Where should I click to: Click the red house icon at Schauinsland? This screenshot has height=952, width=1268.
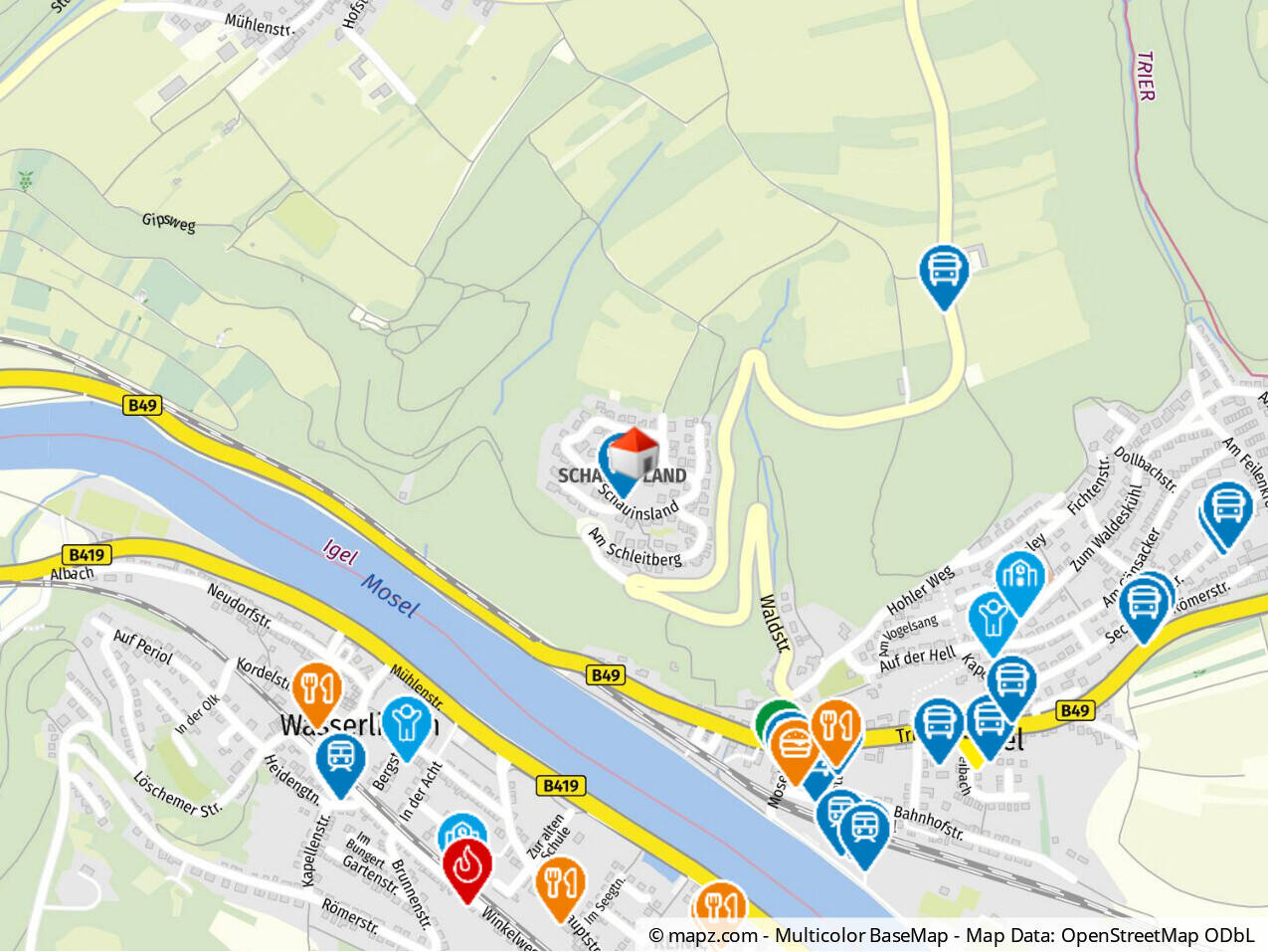[634, 455]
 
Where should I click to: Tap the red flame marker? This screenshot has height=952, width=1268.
[466, 865]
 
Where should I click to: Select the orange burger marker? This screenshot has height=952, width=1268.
[794, 744]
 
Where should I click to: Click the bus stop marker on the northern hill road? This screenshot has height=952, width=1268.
[943, 271]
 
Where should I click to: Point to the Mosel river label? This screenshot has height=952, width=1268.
[390, 595]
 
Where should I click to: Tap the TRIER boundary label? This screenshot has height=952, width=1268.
[1145, 76]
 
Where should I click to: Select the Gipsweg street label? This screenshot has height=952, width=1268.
[168, 221]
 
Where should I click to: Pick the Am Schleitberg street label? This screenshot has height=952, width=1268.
[634, 547]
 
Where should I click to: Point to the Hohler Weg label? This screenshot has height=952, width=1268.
[920, 589]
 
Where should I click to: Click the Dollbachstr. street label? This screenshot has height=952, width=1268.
[1146, 470]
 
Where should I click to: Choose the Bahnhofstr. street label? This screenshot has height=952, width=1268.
[928, 822]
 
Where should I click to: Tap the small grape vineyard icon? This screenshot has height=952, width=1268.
[24, 181]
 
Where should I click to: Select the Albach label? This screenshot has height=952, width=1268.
[72, 574]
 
